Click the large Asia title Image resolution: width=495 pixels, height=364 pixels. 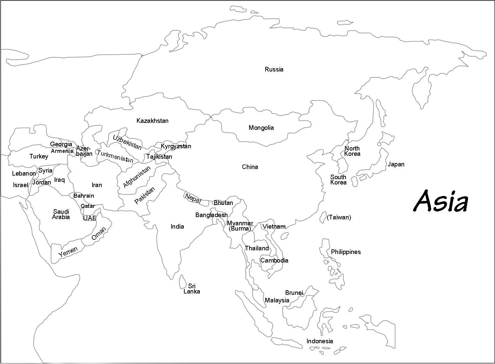(x=440, y=201)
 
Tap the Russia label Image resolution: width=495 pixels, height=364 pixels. (x=274, y=70)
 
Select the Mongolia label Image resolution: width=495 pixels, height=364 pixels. (x=261, y=128)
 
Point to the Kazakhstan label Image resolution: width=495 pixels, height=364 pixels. (x=152, y=121)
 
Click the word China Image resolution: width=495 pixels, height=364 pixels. (x=250, y=167)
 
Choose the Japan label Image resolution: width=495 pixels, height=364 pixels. (x=396, y=164)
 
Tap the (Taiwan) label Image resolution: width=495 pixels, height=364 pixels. (x=339, y=217)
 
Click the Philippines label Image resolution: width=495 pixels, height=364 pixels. (x=346, y=252)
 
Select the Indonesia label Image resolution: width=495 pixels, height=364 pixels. (x=320, y=341)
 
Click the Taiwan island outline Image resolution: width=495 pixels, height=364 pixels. (x=323, y=217)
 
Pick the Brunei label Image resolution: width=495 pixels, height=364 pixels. (x=294, y=293)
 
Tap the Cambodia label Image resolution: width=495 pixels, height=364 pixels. (x=274, y=261)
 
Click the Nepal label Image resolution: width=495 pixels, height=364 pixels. (x=193, y=198)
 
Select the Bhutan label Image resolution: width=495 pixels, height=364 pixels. (x=223, y=203)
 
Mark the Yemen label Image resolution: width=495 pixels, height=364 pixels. (x=68, y=252)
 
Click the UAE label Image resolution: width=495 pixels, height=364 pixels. (x=90, y=218)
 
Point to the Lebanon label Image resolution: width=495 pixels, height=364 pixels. (x=24, y=174)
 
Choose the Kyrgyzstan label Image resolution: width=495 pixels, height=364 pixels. (x=176, y=146)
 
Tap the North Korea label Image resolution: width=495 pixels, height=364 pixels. (x=352, y=151)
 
